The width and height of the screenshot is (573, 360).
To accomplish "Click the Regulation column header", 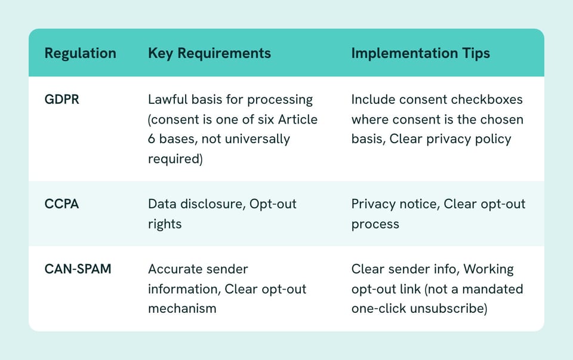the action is click(81, 53).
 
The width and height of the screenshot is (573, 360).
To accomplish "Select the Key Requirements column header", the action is click(210, 53).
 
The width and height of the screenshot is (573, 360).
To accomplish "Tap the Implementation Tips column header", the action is click(421, 53).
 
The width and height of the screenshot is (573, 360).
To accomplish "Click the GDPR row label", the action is click(61, 100).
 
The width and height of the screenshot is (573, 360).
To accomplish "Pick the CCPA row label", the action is click(61, 204).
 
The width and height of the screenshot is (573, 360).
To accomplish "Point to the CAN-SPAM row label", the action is click(78, 269).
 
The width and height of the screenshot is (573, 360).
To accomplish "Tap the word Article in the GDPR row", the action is click(298, 119).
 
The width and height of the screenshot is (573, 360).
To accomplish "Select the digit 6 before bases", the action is click(152, 139).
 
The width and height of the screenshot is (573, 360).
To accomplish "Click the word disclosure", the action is click(218, 204).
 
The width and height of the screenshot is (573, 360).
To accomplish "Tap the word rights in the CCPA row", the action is click(165, 224).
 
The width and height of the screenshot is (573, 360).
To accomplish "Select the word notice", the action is click(420, 204).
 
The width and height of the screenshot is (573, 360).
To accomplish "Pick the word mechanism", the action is click(183, 309).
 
